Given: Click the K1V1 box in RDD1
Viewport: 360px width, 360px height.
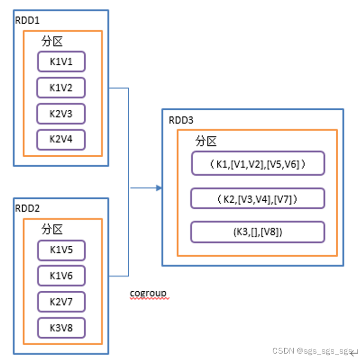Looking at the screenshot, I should coord(61,62).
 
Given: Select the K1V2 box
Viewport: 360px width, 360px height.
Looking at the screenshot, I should coord(61,88).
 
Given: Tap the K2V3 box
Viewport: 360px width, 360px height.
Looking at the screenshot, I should coord(61,114).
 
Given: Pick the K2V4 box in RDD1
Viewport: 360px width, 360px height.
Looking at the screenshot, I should coord(61,139).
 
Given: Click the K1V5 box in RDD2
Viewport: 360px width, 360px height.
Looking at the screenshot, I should coord(61,250).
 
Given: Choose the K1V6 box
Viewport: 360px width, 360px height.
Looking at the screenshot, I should coord(61,276).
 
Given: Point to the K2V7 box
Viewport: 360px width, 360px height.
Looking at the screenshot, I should coord(61,302).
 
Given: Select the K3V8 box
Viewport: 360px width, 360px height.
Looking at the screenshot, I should coord(61,327).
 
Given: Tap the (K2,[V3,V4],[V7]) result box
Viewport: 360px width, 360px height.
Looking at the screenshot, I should coord(257,199).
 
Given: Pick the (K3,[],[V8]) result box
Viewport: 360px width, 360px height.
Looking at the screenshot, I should coord(257,232).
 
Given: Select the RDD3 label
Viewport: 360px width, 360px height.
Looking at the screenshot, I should coord(181,120).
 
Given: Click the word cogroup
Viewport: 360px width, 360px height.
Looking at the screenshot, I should coord(148,293).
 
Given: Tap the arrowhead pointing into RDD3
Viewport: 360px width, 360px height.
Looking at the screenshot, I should coord(159,188).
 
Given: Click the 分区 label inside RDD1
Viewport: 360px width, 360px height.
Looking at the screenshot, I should coord(52,42).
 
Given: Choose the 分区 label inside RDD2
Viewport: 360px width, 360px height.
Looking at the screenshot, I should coord(52,229).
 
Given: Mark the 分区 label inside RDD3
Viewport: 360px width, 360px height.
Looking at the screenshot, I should coord(206,141).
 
